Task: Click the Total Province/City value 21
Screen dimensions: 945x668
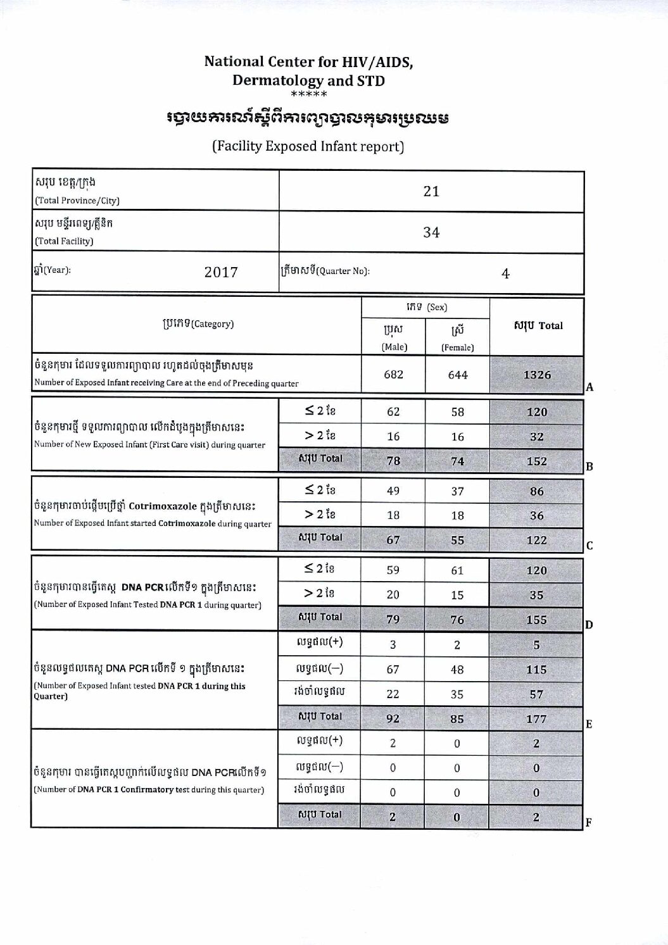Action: pyautogui.click(x=431, y=191)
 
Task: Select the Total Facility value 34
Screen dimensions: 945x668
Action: pyautogui.click(x=431, y=232)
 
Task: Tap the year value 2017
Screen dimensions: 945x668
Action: pyautogui.click(x=221, y=272)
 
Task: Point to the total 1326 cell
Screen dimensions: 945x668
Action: pyautogui.click(x=537, y=375)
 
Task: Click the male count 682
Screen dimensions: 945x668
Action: pyautogui.click(x=393, y=375)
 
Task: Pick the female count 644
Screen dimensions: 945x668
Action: pyautogui.click(x=457, y=375)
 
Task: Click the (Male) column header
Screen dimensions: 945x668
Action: pyautogui.click(x=394, y=347)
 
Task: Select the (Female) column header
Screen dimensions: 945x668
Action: pyautogui.click(x=457, y=347)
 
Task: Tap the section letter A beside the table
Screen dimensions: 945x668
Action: pyautogui.click(x=589, y=387)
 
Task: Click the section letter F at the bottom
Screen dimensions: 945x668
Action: pyautogui.click(x=589, y=823)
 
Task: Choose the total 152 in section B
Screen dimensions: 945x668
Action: pyautogui.click(x=536, y=461)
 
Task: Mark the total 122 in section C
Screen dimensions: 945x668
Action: pyautogui.click(x=536, y=540)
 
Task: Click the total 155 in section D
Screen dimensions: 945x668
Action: pyautogui.click(x=536, y=620)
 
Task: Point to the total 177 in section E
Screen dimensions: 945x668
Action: pyautogui.click(x=536, y=719)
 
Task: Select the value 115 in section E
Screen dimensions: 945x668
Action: pyautogui.click(x=536, y=670)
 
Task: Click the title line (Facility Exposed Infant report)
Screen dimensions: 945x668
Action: pyautogui.click(x=308, y=146)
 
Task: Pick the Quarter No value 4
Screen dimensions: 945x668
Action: pyautogui.click(x=505, y=273)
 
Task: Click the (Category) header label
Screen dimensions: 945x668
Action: pyautogui.click(x=213, y=324)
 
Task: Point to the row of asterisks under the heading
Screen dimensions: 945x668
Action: pyautogui.click(x=308, y=95)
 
